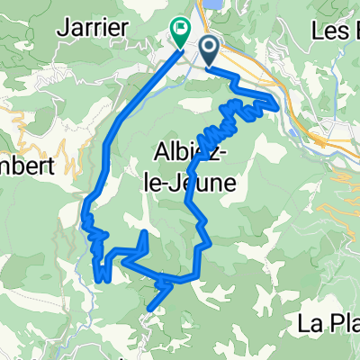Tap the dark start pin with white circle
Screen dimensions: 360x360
[210, 51]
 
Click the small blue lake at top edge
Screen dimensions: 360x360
[212, 4]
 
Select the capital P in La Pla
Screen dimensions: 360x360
[330, 324]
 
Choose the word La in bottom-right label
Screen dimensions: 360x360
[307, 324]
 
